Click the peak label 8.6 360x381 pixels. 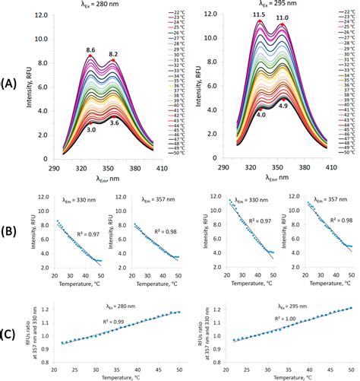coord(90,49)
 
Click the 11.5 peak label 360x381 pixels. coord(258,14)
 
